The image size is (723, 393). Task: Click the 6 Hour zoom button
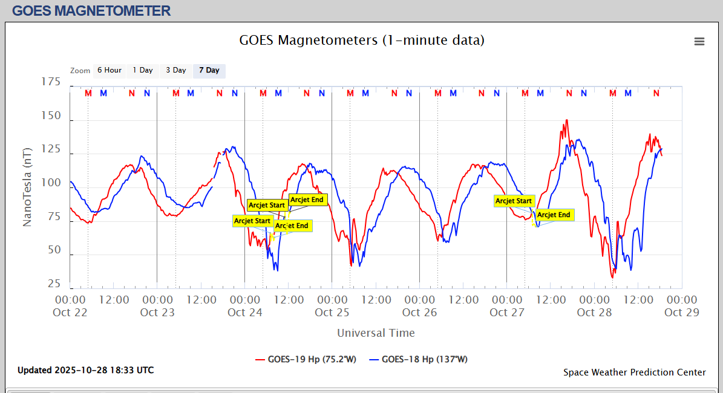tap(110, 71)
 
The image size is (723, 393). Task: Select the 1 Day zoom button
tap(143, 71)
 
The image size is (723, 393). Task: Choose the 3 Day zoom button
tap(176, 71)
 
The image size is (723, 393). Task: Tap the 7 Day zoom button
tap(209, 71)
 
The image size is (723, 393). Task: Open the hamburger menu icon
tap(699, 41)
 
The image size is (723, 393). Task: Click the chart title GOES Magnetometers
tap(362, 41)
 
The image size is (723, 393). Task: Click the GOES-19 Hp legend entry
tap(306, 359)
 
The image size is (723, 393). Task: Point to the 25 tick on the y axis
tap(54, 284)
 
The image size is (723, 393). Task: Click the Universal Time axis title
tap(376, 333)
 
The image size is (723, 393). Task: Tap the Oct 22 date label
tap(70, 313)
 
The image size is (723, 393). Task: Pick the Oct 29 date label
tap(682, 313)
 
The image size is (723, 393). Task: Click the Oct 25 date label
tap(332, 313)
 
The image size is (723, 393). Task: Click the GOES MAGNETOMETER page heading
tap(91, 10)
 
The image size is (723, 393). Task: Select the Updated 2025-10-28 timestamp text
tap(85, 370)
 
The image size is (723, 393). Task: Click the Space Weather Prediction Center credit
tap(635, 372)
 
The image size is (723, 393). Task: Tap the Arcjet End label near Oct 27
tap(554, 215)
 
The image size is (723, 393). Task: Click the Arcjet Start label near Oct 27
tap(514, 201)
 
